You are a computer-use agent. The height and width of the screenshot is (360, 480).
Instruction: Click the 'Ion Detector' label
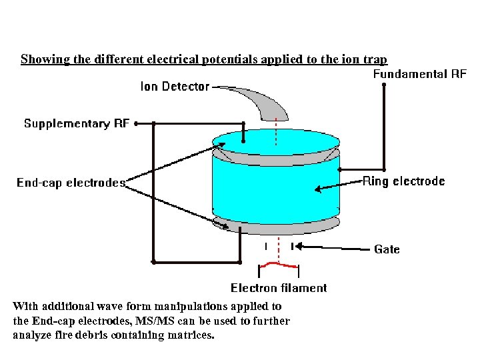coord(175,86)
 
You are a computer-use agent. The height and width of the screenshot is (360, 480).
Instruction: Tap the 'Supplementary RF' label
coord(75,123)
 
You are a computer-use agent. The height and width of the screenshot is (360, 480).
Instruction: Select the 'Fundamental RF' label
coord(419,74)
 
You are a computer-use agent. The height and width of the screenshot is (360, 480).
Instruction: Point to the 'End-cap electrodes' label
coord(71,183)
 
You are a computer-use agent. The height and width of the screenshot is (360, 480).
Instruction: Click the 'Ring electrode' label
coord(403,181)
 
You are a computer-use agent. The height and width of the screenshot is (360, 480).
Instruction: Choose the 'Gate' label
coord(387,249)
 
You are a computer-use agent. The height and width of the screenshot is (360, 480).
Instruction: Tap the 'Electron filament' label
coord(279,288)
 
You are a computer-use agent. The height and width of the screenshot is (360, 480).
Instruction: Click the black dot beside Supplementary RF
coord(136,123)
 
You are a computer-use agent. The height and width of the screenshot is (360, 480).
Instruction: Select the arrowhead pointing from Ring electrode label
coord(318,189)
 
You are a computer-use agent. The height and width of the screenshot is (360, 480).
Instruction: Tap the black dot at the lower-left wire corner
coord(154,262)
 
